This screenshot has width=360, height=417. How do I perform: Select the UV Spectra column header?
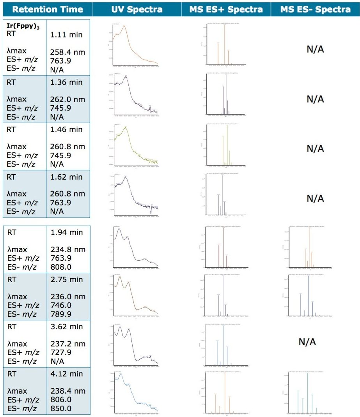(137, 9)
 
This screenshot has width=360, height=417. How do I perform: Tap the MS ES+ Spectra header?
(226, 9)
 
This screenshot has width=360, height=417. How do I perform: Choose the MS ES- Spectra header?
(315, 9)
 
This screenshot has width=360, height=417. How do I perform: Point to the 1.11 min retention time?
(66, 34)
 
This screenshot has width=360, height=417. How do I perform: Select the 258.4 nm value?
(67, 52)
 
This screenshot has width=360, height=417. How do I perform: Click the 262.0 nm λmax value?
(67, 99)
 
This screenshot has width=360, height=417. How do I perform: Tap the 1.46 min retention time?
(66, 129)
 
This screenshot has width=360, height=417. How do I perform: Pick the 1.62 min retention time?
(66, 177)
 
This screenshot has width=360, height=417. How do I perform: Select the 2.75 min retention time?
(66, 279)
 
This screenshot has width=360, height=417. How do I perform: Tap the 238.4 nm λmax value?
(67, 391)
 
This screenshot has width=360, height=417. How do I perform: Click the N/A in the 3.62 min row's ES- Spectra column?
(307, 342)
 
